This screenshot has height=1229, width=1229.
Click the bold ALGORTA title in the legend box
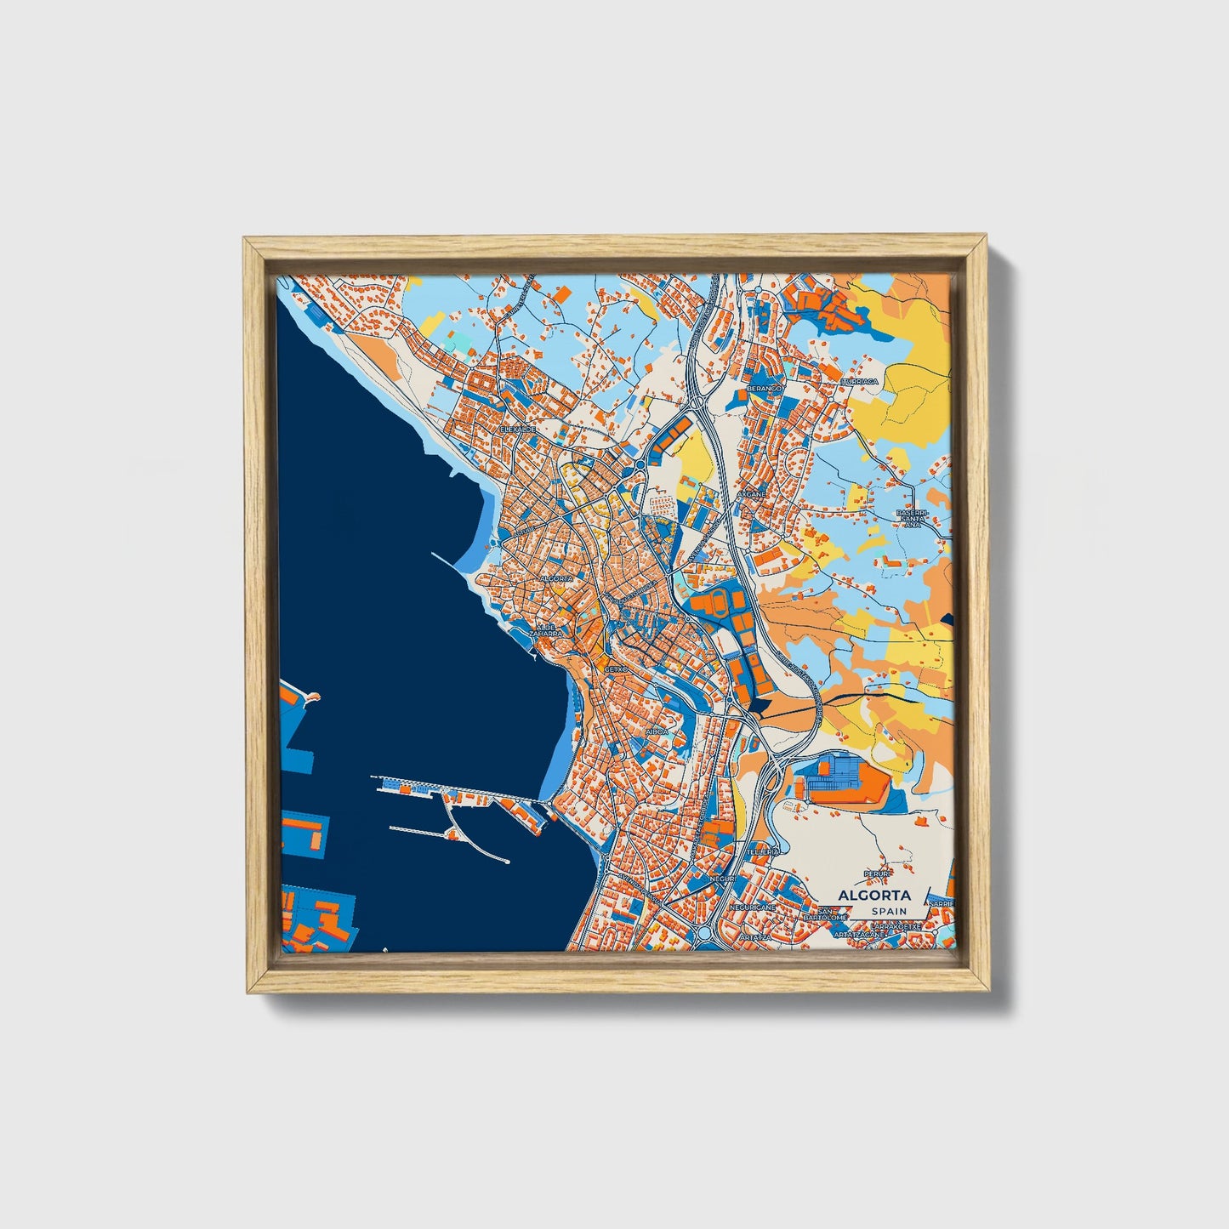point(873,895)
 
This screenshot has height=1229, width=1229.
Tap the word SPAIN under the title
point(888,912)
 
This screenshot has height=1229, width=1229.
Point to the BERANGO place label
point(763,388)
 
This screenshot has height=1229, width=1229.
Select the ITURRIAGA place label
point(860,382)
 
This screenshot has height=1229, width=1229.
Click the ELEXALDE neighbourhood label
point(518,430)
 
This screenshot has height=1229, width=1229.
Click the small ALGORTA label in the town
point(557,578)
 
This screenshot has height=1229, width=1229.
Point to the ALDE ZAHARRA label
point(545,630)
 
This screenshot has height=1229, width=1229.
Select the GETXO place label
point(615,669)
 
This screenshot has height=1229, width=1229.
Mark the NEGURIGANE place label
point(752,908)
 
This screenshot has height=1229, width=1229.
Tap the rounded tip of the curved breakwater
point(506,862)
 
